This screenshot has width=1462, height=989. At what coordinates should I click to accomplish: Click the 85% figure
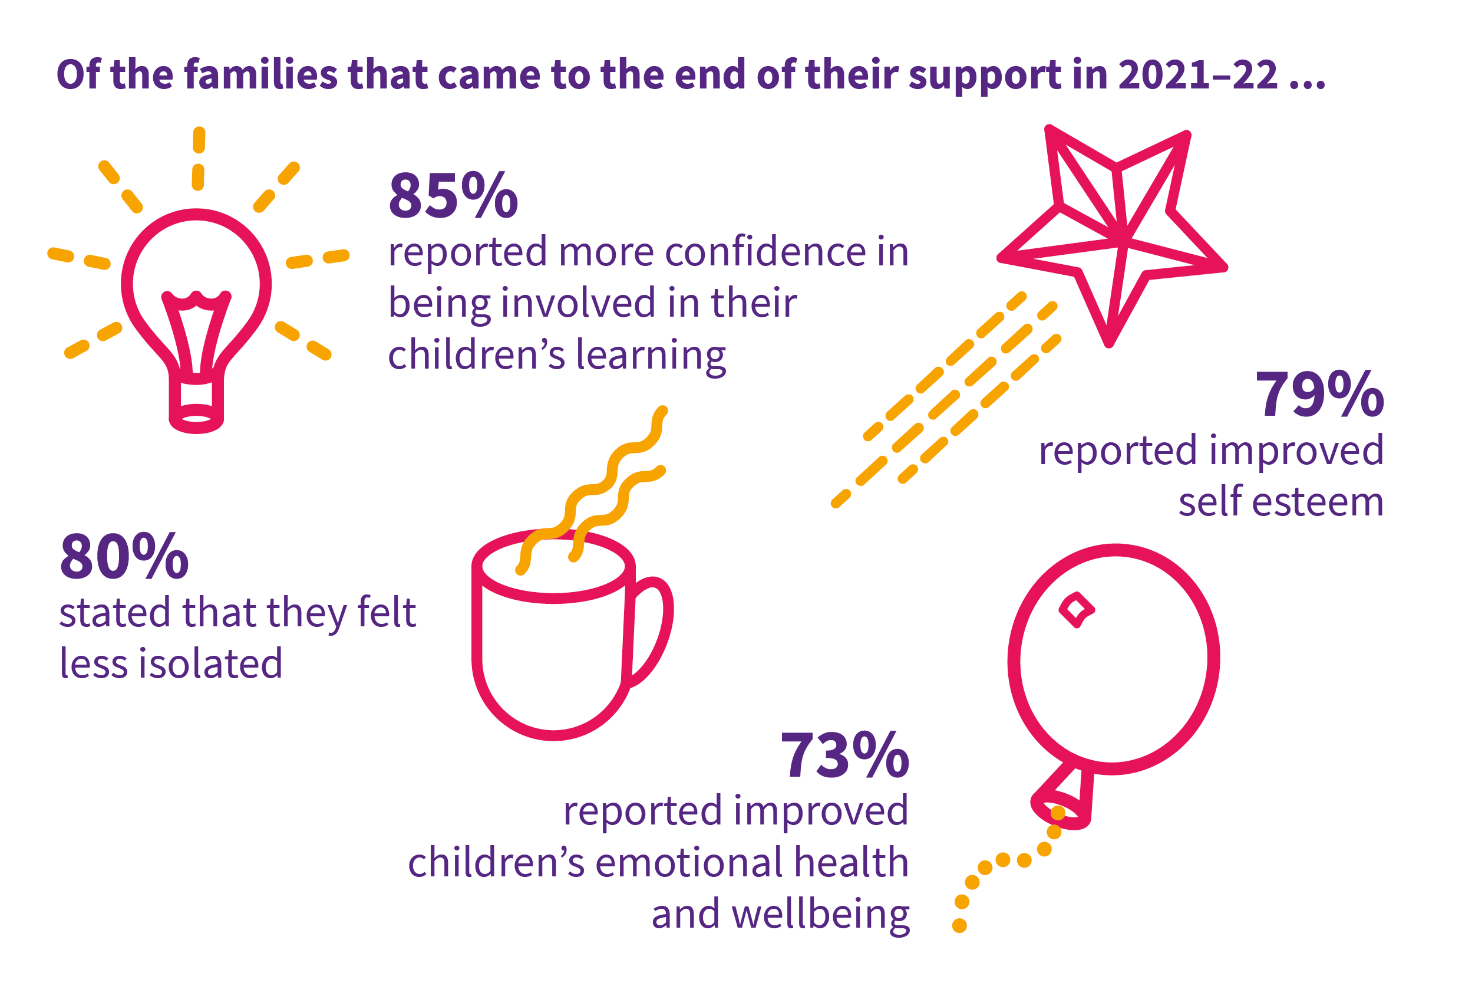click(x=454, y=195)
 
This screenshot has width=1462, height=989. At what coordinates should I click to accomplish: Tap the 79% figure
click(x=1320, y=394)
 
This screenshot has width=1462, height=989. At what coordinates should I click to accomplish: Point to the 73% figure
click(x=845, y=755)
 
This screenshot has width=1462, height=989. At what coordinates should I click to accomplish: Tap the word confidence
click(x=764, y=252)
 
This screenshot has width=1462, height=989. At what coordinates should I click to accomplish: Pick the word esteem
click(x=1318, y=502)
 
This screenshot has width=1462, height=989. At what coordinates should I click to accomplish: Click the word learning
click(x=651, y=356)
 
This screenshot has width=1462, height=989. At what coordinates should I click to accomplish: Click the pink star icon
click(x=1112, y=235)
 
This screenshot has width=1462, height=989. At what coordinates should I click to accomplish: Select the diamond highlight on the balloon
click(x=1077, y=610)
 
